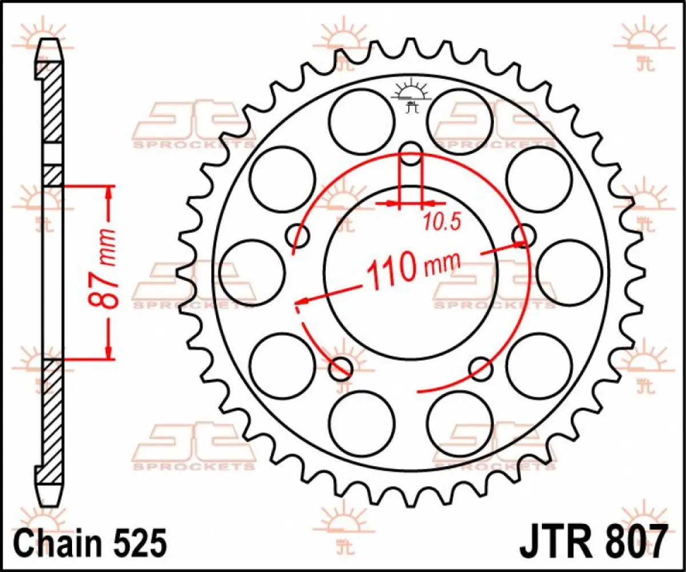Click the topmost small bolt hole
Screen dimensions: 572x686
[410, 152]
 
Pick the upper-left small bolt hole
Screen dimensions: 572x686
[297, 235]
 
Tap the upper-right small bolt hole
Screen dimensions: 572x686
[524, 235]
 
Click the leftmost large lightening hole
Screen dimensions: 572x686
[252, 271]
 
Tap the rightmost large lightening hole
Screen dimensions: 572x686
[569, 272]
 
